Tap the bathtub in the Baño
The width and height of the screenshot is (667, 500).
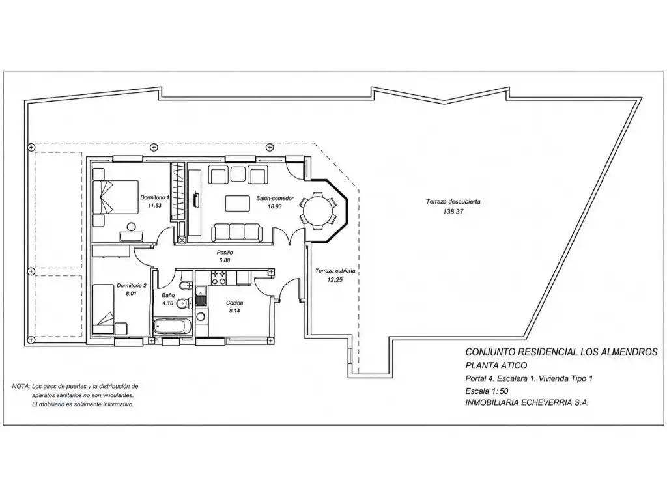click(172, 327)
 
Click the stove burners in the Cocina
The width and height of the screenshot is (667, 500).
click(219, 277)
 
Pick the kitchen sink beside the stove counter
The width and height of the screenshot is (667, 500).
click(201, 296)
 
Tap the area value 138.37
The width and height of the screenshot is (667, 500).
click(453, 212)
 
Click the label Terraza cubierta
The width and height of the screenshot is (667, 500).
click(335, 270)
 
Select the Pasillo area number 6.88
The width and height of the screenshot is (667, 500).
click(224, 260)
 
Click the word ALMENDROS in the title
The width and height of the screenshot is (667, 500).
click(629, 352)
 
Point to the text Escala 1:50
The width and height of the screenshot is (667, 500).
click(487, 391)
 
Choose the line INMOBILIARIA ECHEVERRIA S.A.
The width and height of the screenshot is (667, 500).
click(527, 403)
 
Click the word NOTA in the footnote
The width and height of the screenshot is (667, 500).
click(20, 387)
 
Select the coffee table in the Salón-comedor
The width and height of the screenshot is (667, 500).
click(237, 203)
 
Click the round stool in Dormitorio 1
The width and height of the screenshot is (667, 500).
click(131, 226)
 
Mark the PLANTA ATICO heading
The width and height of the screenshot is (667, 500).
click(496, 365)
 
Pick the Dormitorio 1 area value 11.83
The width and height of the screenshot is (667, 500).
click(154, 205)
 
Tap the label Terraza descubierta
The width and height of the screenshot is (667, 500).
click(453, 202)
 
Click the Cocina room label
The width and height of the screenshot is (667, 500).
click(234, 303)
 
